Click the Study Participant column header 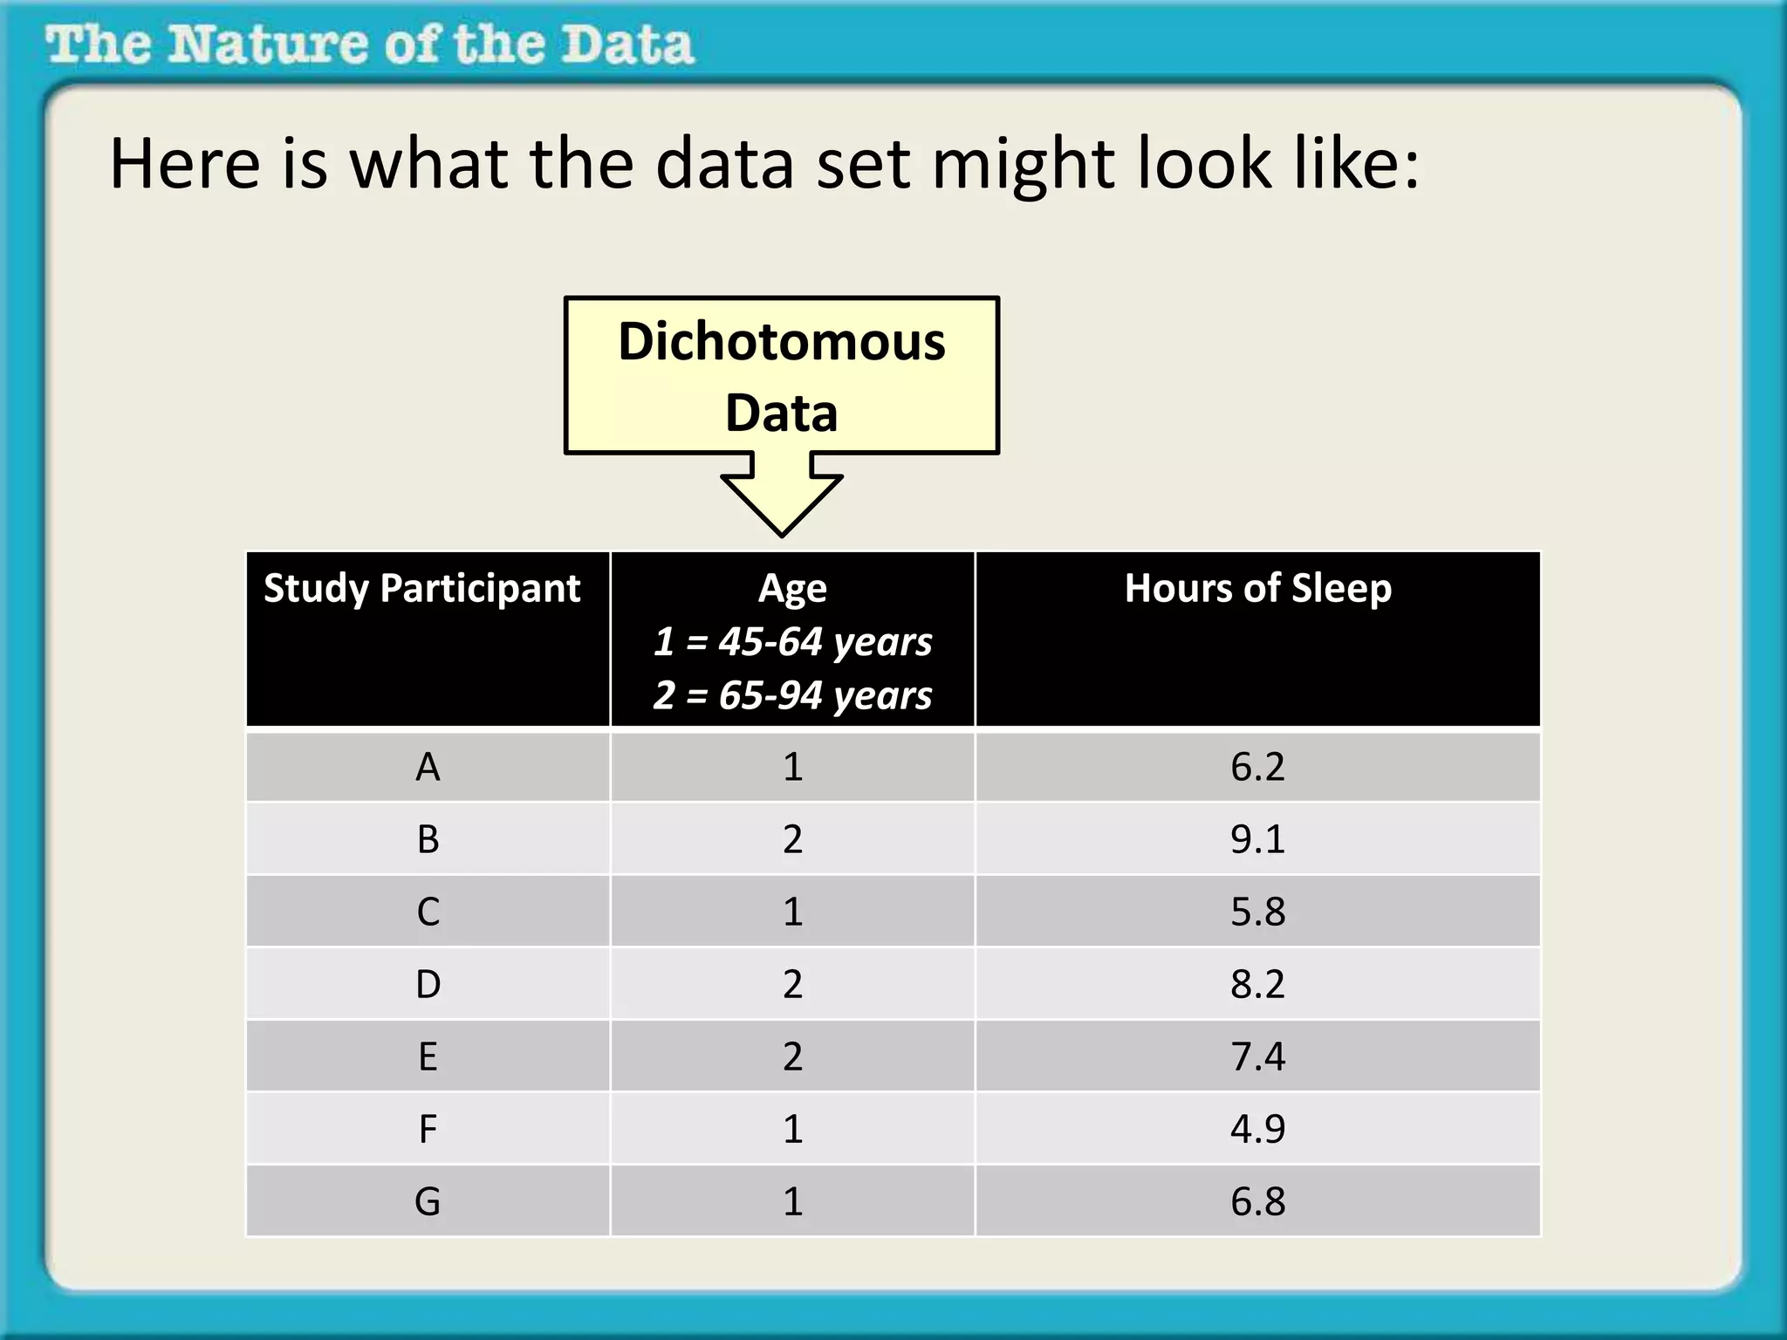point(422,589)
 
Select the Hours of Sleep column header point(1257,589)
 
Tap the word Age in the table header point(792,589)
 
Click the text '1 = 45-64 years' point(792,642)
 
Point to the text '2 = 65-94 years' point(792,695)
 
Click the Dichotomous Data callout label point(782,376)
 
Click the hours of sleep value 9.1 point(1257,839)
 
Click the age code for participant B point(792,839)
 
